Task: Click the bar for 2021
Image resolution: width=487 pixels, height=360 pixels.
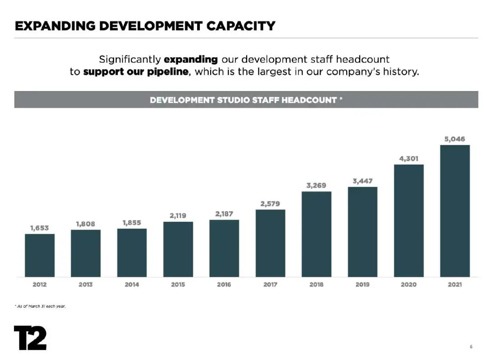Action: tap(455, 210)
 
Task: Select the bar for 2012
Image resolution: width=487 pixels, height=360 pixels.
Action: tap(40, 255)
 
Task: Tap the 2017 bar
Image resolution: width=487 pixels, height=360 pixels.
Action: tap(270, 243)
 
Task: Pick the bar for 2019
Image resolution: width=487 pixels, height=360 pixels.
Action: tap(363, 232)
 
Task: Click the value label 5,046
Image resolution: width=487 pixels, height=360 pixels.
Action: tap(455, 139)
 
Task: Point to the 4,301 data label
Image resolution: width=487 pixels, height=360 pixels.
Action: tap(409, 159)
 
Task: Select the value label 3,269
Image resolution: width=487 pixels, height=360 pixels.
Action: tap(316, 185)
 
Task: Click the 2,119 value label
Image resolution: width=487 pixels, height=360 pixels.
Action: tap(178, 216)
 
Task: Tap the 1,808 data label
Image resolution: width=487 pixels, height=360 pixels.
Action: tap(85, 224)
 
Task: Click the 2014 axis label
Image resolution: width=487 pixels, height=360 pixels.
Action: tap(132, 285)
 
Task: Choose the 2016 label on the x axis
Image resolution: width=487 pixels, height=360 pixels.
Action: tap(224, 285)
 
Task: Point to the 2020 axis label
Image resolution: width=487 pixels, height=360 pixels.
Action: tap(409, 285)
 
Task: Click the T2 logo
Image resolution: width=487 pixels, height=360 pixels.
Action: tap(30, 337)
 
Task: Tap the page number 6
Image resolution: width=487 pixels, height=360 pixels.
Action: tap(471, 346)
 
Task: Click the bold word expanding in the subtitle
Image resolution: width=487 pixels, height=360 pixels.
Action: tap(191, 59)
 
